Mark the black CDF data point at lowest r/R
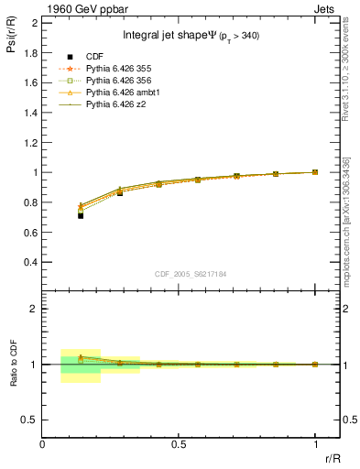[x=81, y=215]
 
